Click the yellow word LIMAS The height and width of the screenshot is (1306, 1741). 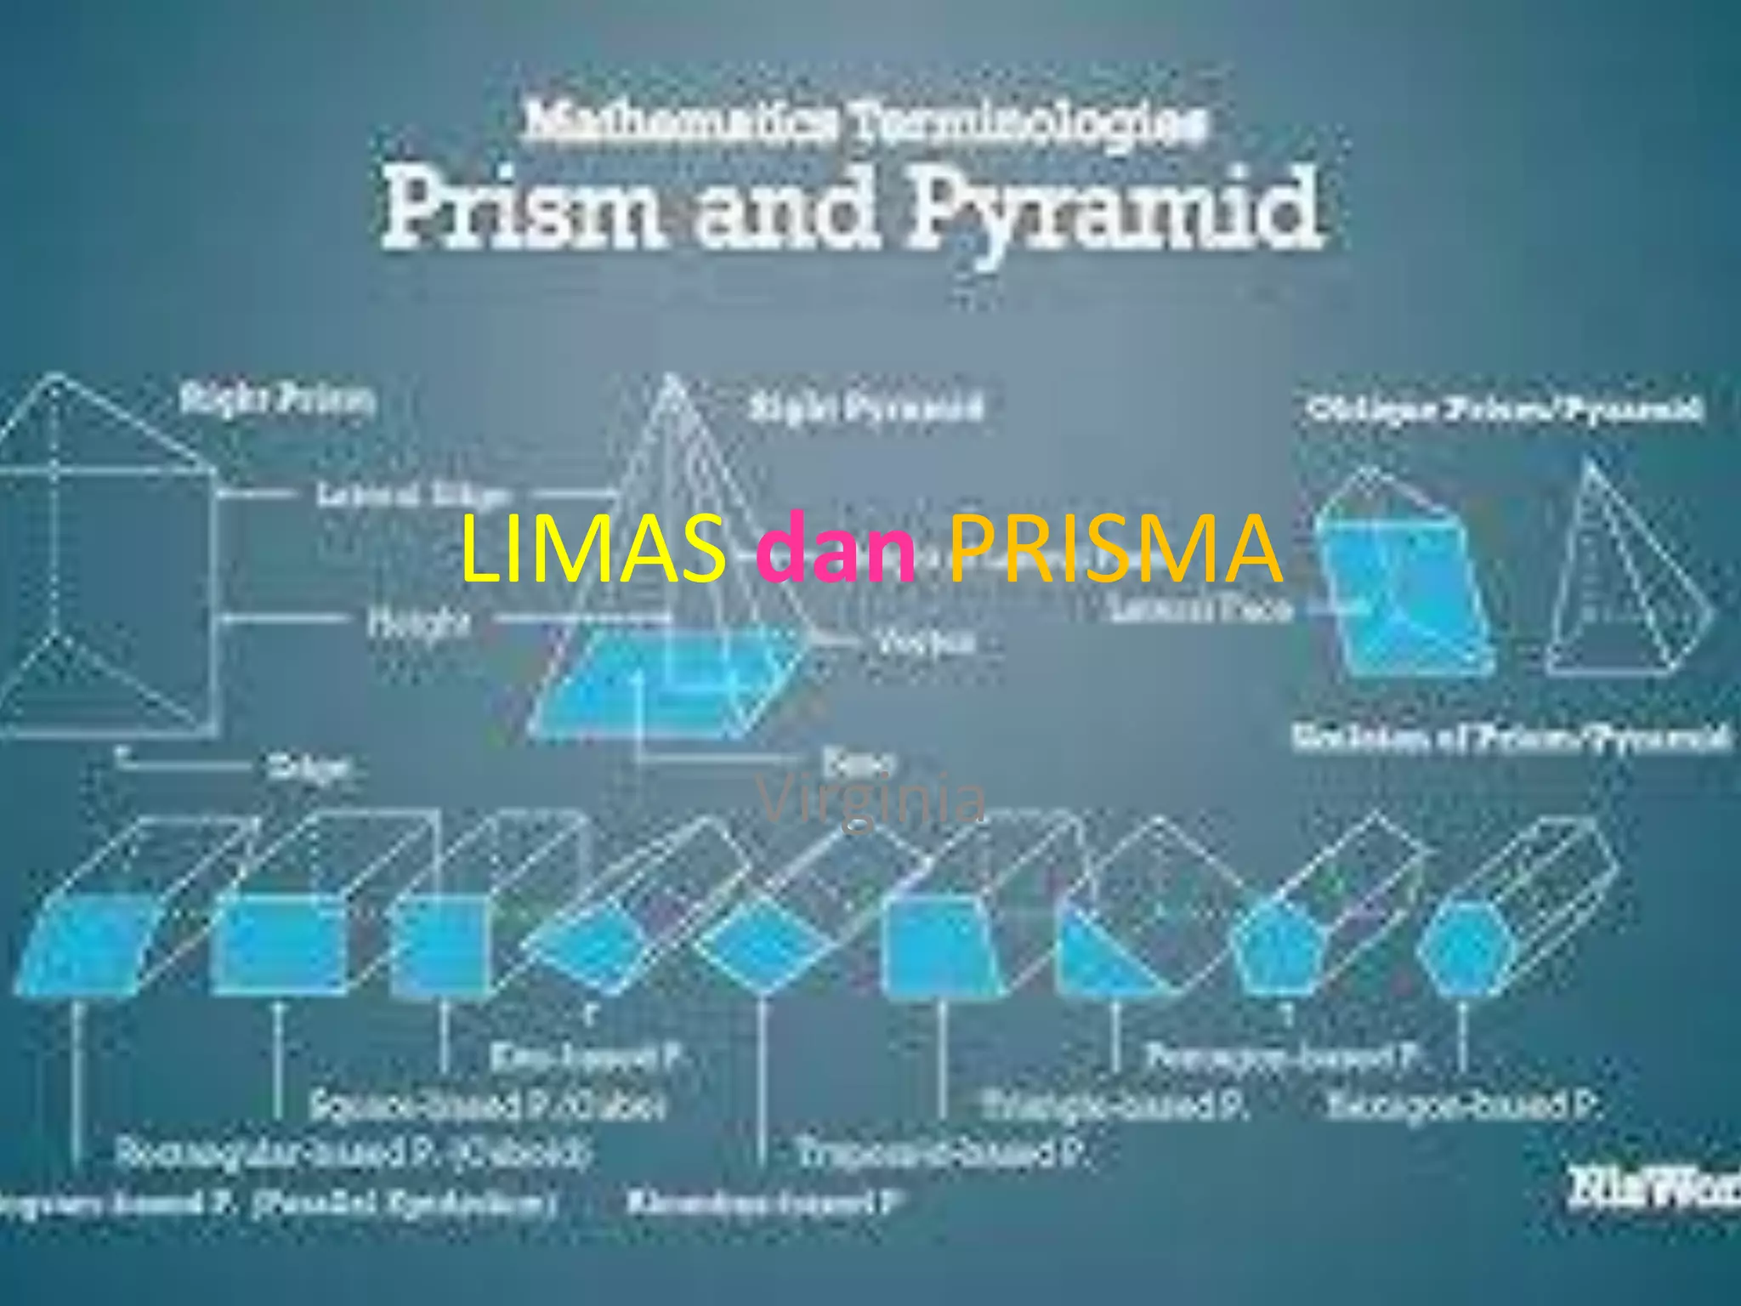[593, 548]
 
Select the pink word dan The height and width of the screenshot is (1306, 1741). [836, 548]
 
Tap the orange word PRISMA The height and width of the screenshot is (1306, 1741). [1114, 548]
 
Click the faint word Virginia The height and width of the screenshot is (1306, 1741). [871, 799]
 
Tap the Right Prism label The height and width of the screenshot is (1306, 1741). [277, 399]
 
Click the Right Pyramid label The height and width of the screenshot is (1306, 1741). [865, 408]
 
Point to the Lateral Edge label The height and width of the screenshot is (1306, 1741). [414, 495]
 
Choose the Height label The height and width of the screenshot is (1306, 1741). [418, 623]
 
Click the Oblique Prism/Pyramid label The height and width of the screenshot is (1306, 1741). [1505, 410]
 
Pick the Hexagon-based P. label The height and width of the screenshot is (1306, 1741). [1462, 1105]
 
